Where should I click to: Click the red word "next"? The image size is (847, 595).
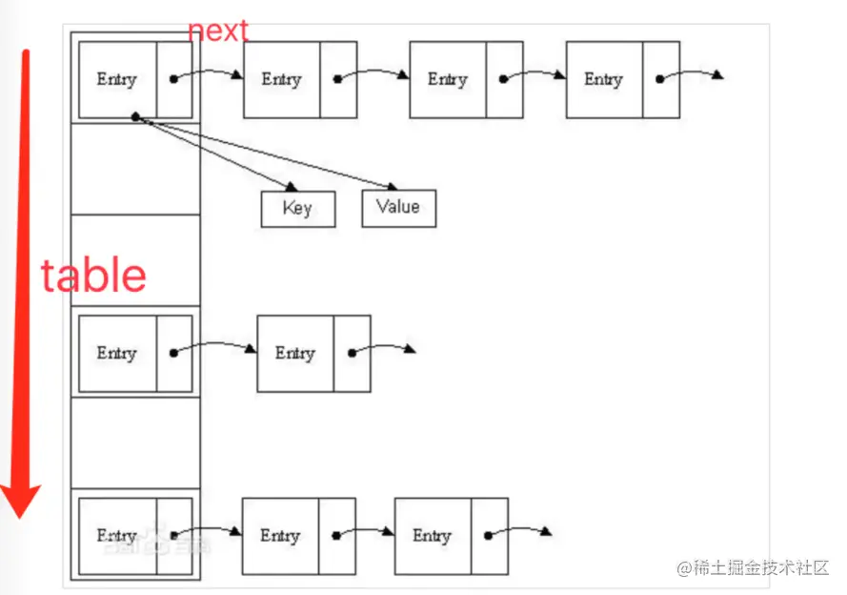218,31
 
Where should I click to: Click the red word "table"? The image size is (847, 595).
93,276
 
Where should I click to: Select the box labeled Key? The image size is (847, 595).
298,209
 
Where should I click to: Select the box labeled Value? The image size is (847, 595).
398,208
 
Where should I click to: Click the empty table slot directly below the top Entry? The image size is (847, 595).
135,169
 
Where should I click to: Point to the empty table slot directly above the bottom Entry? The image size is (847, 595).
135,443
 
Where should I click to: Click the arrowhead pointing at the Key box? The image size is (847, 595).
292,187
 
